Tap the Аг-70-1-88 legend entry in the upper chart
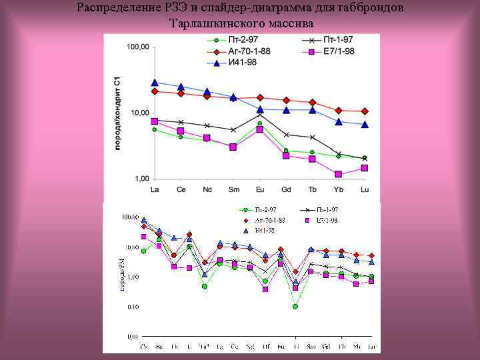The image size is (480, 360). tap(251, 52)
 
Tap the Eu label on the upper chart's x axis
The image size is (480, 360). tap(259, 190)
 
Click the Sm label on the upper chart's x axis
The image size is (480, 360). tap(233, 190)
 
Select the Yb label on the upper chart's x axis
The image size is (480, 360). tap(338, 190)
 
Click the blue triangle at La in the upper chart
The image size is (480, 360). tap(155, 83)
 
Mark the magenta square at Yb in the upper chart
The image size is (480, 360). tap(339, 174)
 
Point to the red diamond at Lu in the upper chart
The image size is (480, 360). tap(365, 111)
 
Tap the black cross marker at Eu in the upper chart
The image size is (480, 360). tap(260, 115)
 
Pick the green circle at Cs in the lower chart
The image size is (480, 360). tap(144, 251)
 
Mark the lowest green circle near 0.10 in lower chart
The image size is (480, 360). tap(295, 307)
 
